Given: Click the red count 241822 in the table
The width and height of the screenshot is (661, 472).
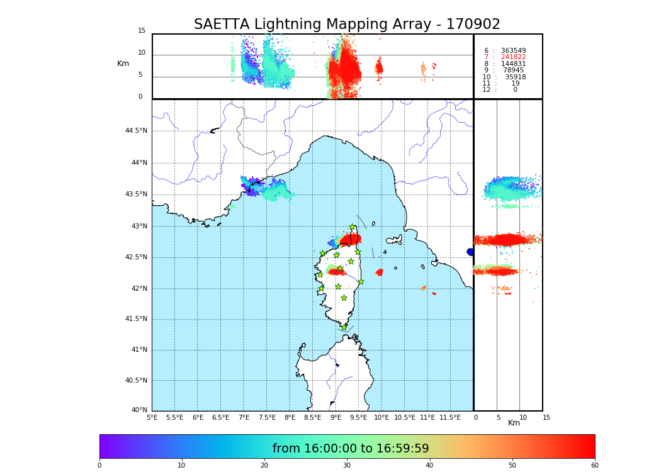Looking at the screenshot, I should click(x=513, y=57).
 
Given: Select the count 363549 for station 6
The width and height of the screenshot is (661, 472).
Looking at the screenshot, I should click(x=513, y=51).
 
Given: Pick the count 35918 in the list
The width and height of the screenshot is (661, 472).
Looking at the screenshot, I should click(x=515, y=77).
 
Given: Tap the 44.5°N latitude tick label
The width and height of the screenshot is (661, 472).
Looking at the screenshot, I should click(x=136, y=131).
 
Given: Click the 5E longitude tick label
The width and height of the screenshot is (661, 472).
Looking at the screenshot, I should click(x=152, y=417).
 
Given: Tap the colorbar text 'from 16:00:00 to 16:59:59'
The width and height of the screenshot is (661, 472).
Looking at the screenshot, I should click(x=351, y=449).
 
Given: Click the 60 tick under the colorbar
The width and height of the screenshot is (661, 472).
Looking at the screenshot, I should click(x=594, y=466).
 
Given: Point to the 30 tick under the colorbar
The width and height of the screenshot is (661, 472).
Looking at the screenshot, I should click(x=347, y=466).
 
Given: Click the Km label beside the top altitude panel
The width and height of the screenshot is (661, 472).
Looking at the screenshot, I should click(x=123, y=64).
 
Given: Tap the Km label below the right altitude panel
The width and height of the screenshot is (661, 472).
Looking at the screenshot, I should click(x=514, y=423).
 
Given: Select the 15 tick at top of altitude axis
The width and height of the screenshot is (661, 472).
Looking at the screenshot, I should click(x=142, y=31).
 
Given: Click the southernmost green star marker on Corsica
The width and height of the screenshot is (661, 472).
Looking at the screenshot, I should click(x=344, y=327).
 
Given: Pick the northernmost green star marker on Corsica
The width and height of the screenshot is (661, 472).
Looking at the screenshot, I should click(x=353, y=227).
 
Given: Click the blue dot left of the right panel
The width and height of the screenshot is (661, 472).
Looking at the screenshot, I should click(x=470, y=252).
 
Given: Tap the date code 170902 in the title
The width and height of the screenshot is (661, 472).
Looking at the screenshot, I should click(x=473, y=25).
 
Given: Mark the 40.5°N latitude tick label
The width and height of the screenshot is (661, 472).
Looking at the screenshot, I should click(x=136, y=381).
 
